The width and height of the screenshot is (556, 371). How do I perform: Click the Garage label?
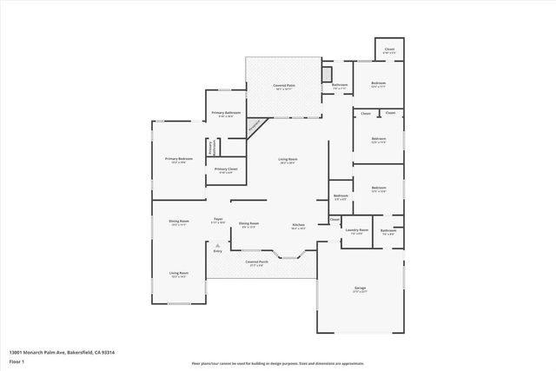[359, 288]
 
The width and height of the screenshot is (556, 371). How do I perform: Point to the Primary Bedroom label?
[179, 159]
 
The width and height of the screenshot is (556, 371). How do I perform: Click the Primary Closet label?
[226, 169]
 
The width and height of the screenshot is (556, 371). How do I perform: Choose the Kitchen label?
[297, 226]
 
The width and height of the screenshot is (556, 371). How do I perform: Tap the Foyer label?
[218, 220]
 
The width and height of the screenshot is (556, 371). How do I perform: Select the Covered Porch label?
[255, 262]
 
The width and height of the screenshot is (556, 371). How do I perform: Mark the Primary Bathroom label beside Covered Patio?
[227, 114]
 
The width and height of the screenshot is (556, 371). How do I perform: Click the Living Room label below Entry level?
[179, 275]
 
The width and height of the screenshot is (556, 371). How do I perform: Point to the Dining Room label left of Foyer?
[179, 222]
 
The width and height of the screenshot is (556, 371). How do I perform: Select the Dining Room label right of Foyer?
[248, 224]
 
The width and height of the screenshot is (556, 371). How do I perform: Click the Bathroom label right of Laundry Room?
[387, 231]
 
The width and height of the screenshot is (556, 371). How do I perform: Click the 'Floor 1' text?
[17, 361]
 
